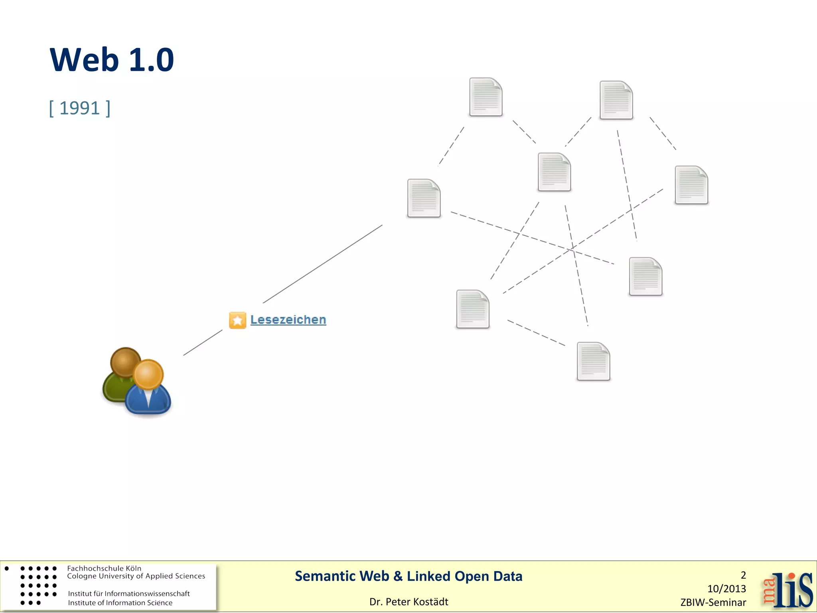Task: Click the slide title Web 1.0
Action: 112,60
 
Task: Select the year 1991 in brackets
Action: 79,108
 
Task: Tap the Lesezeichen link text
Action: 288,320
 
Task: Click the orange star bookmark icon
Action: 237,320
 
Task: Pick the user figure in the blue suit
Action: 148,389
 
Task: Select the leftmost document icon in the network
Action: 424,198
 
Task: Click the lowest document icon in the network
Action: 593,361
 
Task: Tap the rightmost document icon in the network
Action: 691,185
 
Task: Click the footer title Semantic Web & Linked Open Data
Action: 408,576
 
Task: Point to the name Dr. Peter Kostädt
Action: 408,602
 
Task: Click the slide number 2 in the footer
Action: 743,575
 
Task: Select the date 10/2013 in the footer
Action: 726,589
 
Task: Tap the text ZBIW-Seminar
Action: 713,603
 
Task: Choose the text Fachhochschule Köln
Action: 104,568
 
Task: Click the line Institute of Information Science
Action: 120,603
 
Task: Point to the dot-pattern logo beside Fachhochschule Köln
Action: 38,585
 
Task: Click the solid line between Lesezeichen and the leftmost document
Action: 322,264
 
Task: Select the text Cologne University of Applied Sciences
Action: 136,576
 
